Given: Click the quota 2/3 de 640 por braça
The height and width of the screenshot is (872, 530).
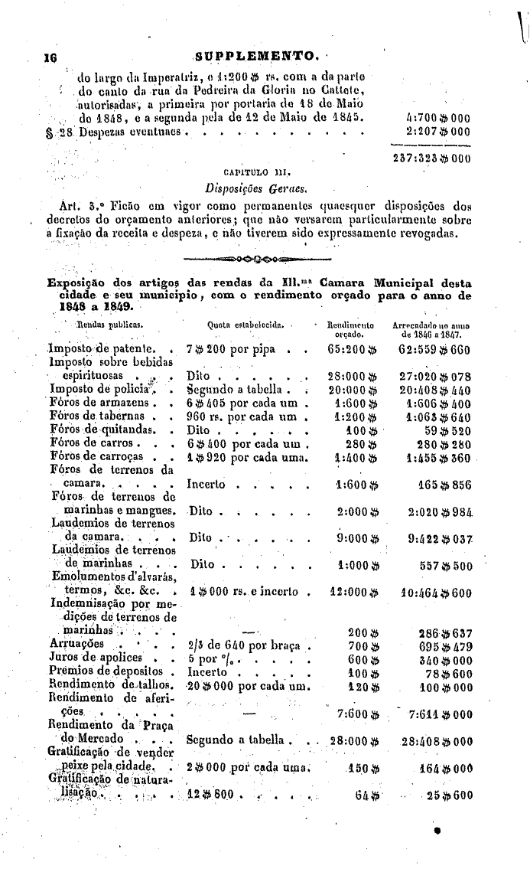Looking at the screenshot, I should point(246,646).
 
